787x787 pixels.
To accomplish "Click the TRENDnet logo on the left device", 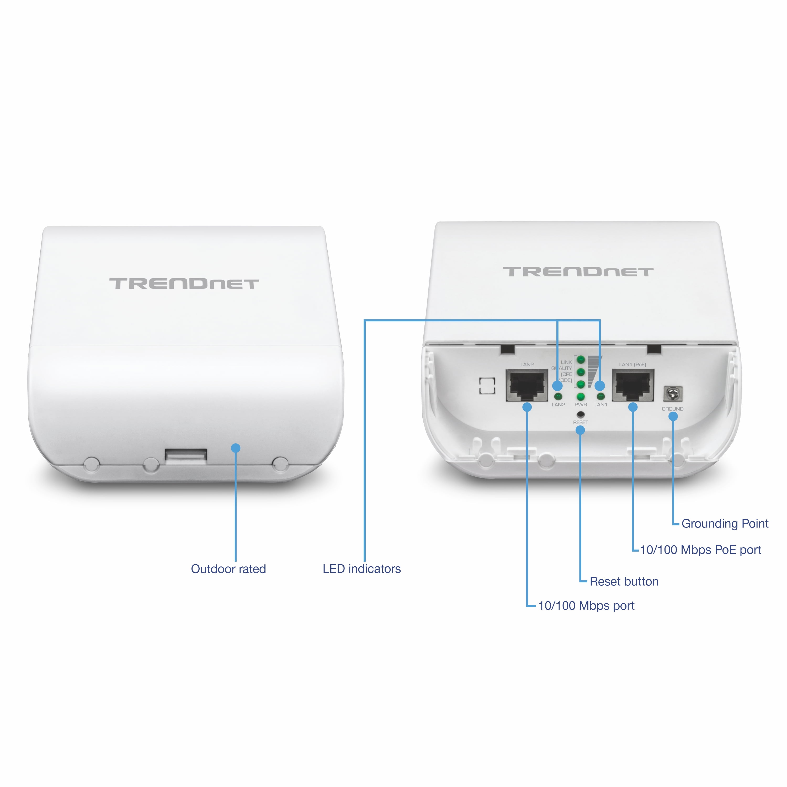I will click(184, 284).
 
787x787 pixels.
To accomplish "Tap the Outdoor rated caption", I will click(228, 569).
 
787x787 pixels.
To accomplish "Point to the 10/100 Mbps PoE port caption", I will click(700, 550).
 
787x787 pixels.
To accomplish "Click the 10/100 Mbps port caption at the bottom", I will click(586, 606).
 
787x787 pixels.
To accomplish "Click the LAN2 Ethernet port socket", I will click(527, 385).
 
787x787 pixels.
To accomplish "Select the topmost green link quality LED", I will click(581, 360).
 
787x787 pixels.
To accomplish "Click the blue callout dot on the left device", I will click(236, 448).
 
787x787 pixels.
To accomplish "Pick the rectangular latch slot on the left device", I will click(186, 455).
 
